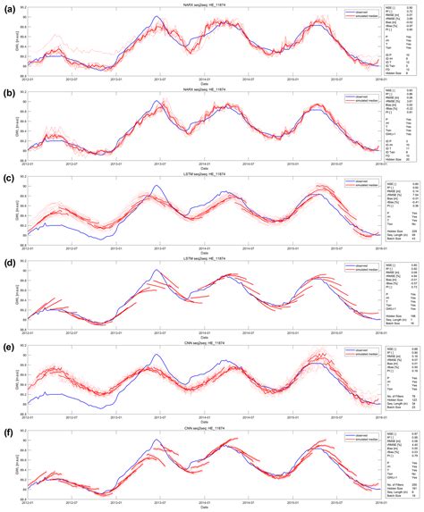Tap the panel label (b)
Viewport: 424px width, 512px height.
8,92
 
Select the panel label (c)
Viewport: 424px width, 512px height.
8,178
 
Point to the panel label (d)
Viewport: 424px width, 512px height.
8,264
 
